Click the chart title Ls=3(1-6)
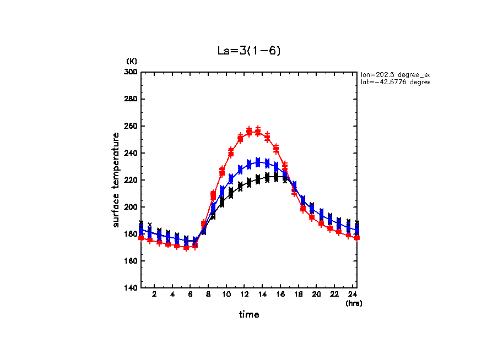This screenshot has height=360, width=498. pyautogui.click(x=249, y=51)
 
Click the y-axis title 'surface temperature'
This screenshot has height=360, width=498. pyautogui.click(x=116, y=179)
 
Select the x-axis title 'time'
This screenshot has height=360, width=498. pyautogui.click(x=249, y=315)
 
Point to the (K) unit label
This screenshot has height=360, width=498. pyautogui.click(x=132, y=61)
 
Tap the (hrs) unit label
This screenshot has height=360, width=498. pyautogui.click(x=353, y=303)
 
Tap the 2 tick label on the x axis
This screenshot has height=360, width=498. pyautogui.click(x=155, y=294)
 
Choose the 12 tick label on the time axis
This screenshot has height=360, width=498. pyautogui.click(x=244, y=294)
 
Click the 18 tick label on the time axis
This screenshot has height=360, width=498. pyautogui.click(x=298, y=294)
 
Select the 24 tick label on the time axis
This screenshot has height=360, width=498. pyautogui.click(x=352, y=294)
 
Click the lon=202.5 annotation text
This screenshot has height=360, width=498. pyautogui.click(x=394, y=74)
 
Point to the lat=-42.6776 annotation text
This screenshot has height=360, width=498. pyautogui.click(x=394, y=82)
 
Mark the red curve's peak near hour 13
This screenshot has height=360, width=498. pyautogui.click(x=253, y=132)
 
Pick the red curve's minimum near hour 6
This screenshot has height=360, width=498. pyautogui.click(x=186, y=248)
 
